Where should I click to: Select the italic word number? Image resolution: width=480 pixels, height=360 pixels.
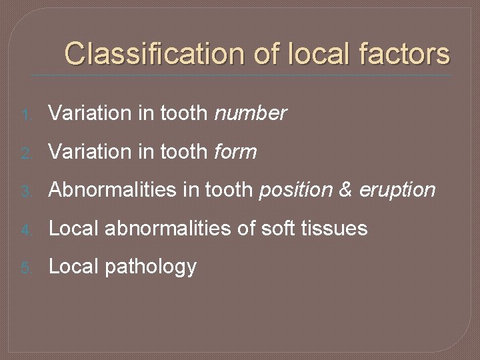[251, 113]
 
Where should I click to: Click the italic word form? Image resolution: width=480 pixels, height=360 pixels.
[235, 152]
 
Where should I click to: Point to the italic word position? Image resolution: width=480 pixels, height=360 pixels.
[295, 191]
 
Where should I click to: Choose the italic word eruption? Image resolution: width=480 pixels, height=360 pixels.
[397, 191]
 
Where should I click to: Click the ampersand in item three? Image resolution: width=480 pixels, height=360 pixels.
[345, 191]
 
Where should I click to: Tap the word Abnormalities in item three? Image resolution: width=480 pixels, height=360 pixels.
[103, 191]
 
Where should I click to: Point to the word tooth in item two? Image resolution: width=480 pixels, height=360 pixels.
[184, 152]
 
